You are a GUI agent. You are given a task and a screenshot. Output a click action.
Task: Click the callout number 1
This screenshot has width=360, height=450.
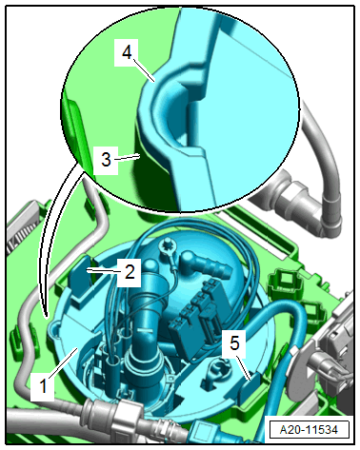(43, 386)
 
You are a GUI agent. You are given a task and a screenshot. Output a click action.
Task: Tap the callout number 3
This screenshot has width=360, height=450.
(106, 160)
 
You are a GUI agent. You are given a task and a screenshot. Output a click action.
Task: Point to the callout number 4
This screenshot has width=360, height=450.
(127, 52)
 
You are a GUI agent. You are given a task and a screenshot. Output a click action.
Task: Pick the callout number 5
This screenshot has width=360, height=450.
(234, 343)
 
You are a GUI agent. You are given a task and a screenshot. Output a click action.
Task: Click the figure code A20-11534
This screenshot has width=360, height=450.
(309, 430)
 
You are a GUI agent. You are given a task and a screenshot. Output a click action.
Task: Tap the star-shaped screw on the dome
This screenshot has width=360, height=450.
(167, 245)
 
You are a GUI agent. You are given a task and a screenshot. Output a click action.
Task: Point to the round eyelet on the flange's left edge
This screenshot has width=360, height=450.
(55, 329)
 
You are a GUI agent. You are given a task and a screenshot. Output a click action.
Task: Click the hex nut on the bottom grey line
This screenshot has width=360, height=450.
(127, 418)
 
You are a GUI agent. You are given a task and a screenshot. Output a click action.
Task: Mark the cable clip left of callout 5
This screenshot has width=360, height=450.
(216, 368)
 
